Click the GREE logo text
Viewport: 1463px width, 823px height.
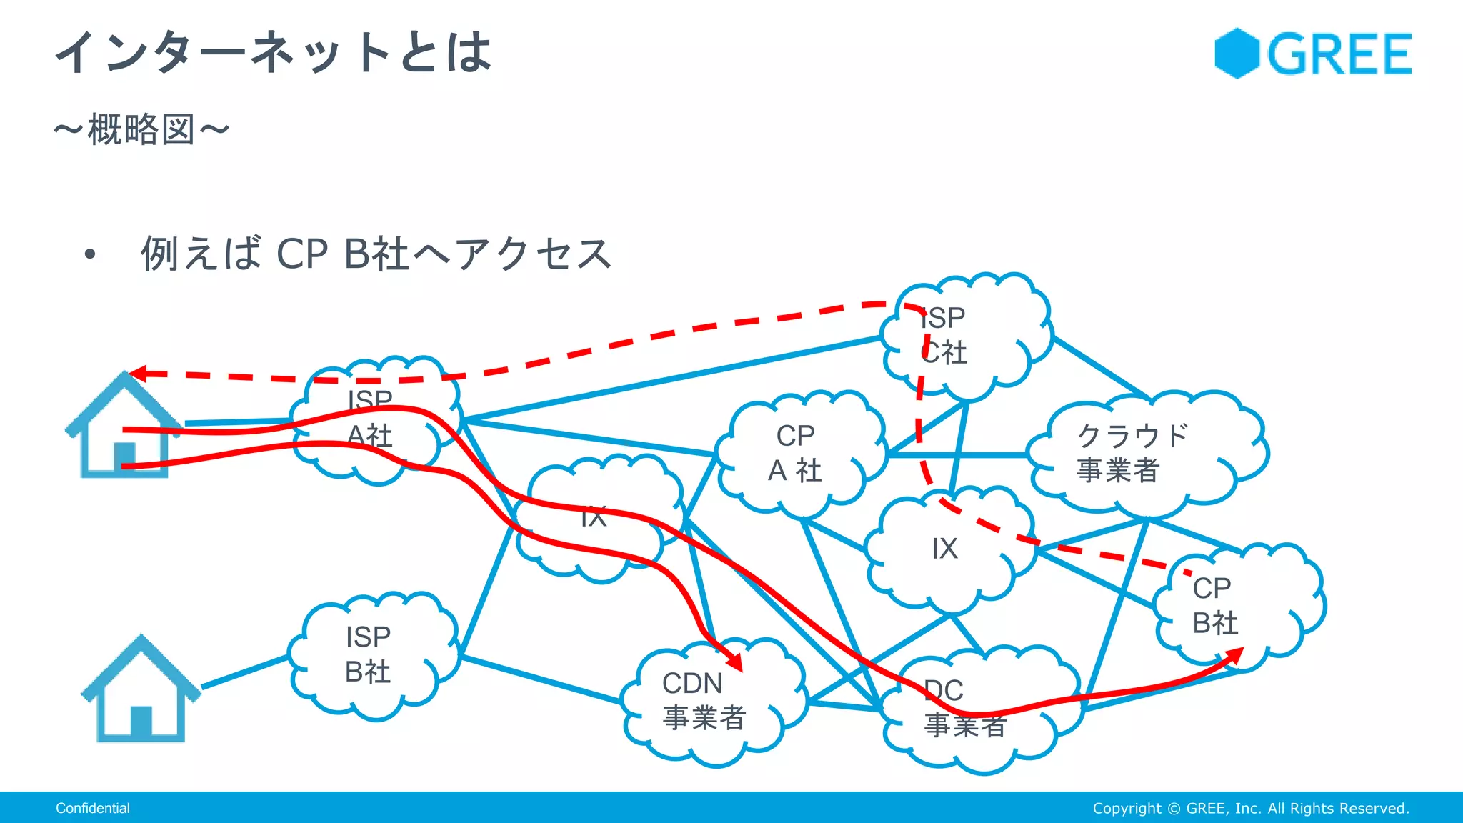tap(1339, 54)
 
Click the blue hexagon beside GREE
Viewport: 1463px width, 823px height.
tap(1237, 54)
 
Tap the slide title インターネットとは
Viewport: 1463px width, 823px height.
tap(274, 52)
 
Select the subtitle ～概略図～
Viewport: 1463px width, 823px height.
tap(141, 130)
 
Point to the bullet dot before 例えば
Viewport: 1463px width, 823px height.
tap(89, 254)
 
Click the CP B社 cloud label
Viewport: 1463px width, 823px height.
tap(1214, 606)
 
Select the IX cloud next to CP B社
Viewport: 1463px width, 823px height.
tap(944, 549)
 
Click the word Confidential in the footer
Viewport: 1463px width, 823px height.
tap(93, 808)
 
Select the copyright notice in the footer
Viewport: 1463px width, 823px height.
tap(1250, 808)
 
